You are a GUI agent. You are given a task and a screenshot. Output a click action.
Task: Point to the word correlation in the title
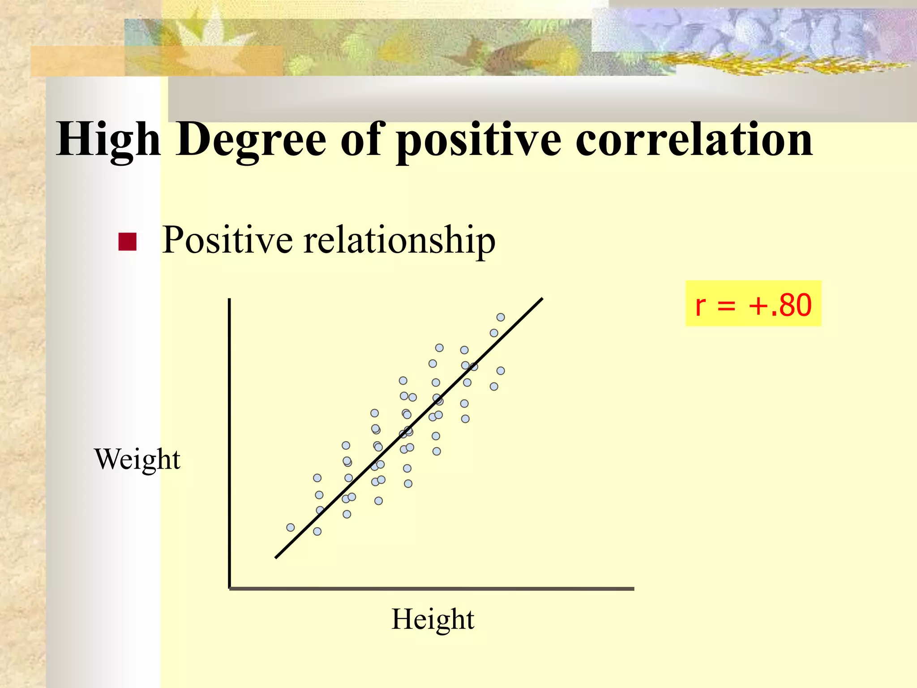(x=694, y=139)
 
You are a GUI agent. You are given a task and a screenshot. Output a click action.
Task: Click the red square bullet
(x=127, y=242)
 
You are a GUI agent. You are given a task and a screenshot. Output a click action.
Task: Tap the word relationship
(x=399, y=241)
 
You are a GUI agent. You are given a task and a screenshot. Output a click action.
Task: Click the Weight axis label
(x=137, y=460)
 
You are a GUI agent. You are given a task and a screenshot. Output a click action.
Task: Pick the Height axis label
(x=433, y=619)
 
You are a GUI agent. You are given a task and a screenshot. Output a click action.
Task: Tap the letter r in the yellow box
(x=700, y=306)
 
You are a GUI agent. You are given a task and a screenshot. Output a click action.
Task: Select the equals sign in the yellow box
(x=726, y=306)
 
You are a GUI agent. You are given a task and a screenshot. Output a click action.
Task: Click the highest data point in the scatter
(x=501, y=317)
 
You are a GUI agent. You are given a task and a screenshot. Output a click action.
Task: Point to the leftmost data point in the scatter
(x=291, y=527)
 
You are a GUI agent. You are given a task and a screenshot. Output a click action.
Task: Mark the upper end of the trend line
(x=542, y=299)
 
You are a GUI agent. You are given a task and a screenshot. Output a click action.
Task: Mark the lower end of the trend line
(x=276, y=557)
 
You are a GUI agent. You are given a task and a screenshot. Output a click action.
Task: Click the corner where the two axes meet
(x=230, y=588)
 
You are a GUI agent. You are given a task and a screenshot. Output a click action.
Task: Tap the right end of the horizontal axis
(x=633, y=589)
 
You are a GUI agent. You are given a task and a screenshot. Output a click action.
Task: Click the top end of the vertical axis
(x=229, y=299)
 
